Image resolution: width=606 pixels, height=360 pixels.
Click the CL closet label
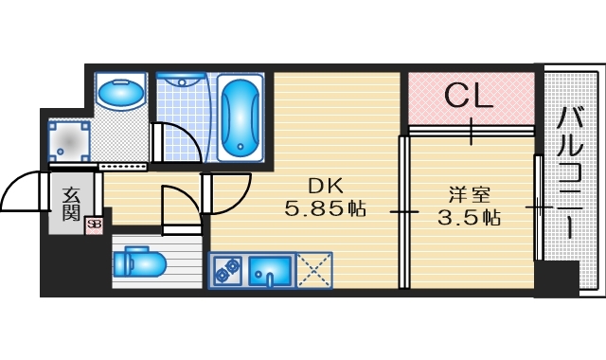[x=469, y=95]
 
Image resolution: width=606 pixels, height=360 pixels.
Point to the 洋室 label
[x=469, y=195]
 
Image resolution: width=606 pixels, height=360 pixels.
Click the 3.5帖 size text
[x=469, y=217]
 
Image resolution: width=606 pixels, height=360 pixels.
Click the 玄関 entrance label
[x=72, y=205]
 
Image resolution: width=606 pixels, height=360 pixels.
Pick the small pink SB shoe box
[x=94, y=225]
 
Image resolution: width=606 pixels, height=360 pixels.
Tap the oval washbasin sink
[x=120, y=95]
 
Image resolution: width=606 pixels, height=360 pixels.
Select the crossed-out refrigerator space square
[x=313, y=271]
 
